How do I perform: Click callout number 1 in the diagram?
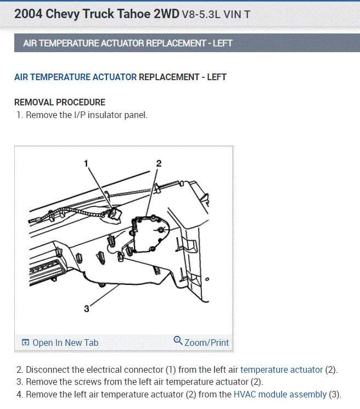(x=86, y=164)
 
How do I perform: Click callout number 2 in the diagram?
(x=159, y=164)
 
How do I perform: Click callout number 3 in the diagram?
(x=87, y=309)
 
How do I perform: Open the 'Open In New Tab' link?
(x=65, y=343)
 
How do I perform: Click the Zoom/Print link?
(x=207, y=343)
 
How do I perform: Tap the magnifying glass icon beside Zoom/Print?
(x=178, y=340)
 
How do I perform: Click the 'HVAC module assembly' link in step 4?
(x=280, y=394)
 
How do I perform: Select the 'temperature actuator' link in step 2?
(x=282, y=369)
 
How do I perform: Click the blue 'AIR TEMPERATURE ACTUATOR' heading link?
(x=75, y=77)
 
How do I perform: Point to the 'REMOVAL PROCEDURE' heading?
(x=60, y=102)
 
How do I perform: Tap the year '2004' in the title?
(x=28, y=14)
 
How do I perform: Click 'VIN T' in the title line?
(x=237, y=15)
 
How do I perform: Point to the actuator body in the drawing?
(x=150, y=233)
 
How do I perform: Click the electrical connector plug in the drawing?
(x=115, y=214)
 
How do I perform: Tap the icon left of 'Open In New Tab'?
(x=25, y=342)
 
